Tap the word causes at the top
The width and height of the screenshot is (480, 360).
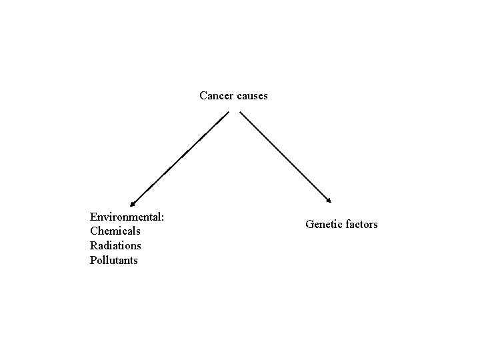click(x=252, y=96)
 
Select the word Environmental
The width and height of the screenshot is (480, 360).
click(x=126, y=217)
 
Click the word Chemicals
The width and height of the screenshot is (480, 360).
click(x=115, y=231)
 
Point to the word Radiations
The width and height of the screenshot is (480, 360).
click(x=115, y=246)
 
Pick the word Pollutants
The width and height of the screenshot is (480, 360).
click(x=113, y=261)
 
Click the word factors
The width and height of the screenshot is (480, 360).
click(x=360, y=225)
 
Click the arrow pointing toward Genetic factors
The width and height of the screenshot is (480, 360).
click(x=285, y=157)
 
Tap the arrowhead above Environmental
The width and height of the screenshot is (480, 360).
click(x=133, y=203)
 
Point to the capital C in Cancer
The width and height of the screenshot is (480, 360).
click(x=203, y=96)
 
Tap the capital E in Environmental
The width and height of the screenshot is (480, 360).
click(x=93, y=217)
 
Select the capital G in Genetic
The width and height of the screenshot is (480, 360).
click(x=309, y=225)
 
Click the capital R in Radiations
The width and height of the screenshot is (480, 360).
click(x=93, y=246)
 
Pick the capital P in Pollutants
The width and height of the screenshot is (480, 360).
click(x=93, y=261)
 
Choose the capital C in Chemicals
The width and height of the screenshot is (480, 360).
click(x=93, y=231)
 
